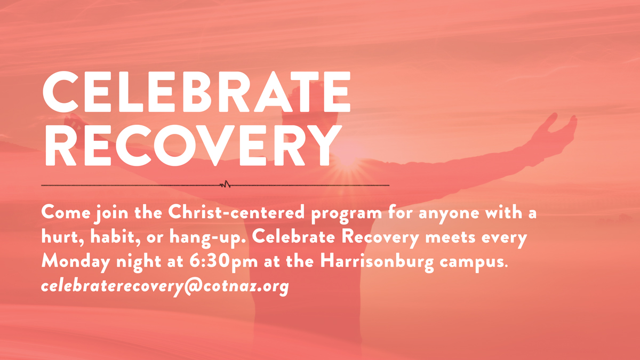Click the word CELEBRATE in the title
pyautogui.click(x=197, y=92)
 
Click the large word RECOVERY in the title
pyautogui.click(x=194, y=145)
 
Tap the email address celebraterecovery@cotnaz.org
pyautogui.click(x=165, y=286)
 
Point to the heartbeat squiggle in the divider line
pyautogui.click(x=225, y=185)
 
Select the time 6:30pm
pyautogui.click(x=223, y=261)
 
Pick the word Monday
pyautogui.click(x=76, y=261)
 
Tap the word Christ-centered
pyautogui.click(x=236, y=212)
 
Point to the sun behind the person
pyautogui.click(x=347, y=156)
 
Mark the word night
pyautogui.click(x=139, y=262)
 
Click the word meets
pyautogui.click(x=450, y=238)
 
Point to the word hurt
pyautogui.click(x=63, y=237)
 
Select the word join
pyautogui.click(x=111, y=213)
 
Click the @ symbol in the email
pyautogui.click(x=194, y=286)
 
